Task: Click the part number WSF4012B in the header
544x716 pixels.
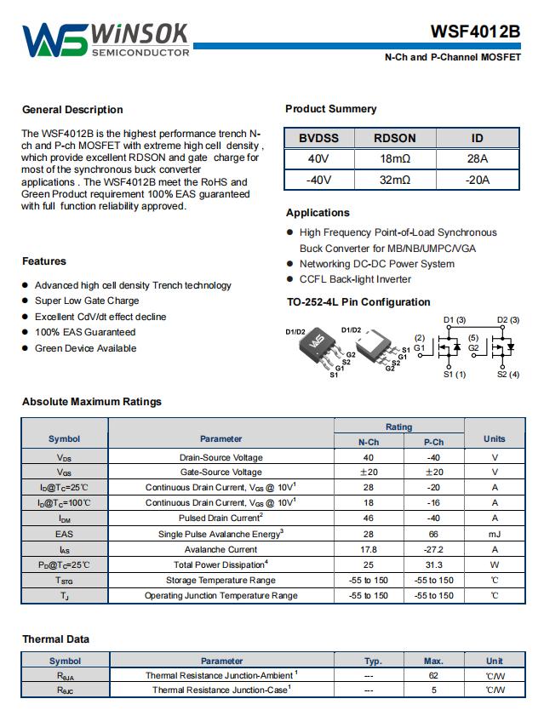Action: (475, 32)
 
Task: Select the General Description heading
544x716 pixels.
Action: (72, 110)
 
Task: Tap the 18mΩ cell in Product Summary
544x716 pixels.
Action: (395, 159)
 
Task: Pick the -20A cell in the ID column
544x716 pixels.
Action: (477, 180)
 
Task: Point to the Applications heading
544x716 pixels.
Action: (318, 213)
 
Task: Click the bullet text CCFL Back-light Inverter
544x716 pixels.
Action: (355, 279)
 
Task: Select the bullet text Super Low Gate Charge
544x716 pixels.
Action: (87, 301)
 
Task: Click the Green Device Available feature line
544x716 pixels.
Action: (85, 348)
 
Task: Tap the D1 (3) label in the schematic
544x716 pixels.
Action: (455, 320)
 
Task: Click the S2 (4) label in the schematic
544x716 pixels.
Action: (508, 375)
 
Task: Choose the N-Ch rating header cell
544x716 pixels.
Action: (369, 441)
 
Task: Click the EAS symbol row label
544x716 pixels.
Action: (65, 534)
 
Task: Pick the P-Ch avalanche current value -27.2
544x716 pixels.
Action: (433, 549)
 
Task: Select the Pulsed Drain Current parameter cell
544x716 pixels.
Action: (220, 518)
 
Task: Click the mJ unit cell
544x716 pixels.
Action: (494, 534)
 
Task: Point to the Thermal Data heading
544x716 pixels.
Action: (55, 639)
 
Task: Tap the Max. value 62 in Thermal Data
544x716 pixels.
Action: (433, 675)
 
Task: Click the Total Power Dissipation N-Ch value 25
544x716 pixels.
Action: (369, 564)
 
